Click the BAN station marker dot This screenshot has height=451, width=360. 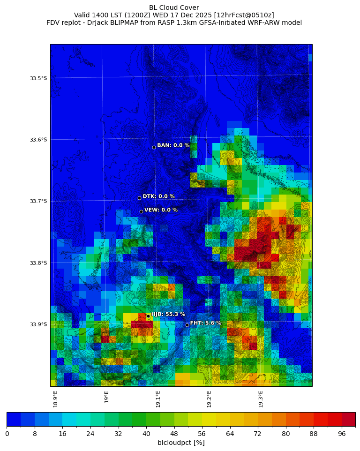pos(154,147)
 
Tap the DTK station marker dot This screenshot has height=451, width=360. pos(139,198)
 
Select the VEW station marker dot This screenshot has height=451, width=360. pos(141,211)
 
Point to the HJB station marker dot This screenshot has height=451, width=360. pos(148,316)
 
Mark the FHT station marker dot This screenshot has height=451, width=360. pos(187,325)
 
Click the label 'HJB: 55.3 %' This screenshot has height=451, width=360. pos(168,314)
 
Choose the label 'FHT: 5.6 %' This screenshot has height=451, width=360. pos(205,323)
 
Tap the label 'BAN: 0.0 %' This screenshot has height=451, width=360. pos(173,145)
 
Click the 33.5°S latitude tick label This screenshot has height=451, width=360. pos(38,78)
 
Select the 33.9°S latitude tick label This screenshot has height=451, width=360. pos(38,324)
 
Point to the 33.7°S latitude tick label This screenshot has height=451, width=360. pos(38,201)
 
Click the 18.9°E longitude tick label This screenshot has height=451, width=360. pos(55,398)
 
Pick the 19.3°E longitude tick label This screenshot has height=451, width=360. pos(261,398)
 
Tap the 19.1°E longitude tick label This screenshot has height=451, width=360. pos(158,398)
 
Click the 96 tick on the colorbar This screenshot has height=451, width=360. pos(341,434)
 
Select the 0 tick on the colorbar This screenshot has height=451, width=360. pos(7,434)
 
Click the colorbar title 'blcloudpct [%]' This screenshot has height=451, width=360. pos(181,443)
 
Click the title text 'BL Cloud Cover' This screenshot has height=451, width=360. pos(174,8)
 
